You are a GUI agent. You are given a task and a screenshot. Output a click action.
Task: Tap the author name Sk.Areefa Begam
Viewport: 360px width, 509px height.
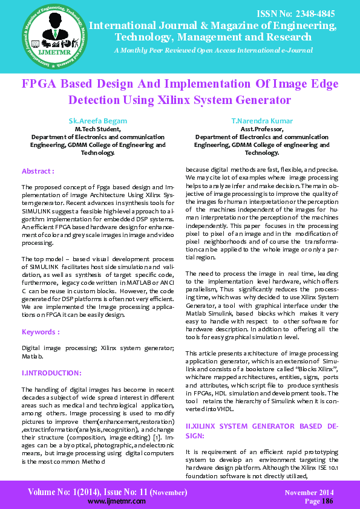click(x=98, y=121)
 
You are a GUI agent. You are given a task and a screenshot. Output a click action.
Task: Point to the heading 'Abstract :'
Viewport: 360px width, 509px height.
click(x=38, y=171)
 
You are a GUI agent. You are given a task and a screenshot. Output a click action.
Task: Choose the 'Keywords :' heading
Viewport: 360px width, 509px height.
click(x=41, y=332)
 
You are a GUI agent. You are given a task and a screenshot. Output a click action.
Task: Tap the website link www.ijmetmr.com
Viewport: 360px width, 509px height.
click(x=112, y=502)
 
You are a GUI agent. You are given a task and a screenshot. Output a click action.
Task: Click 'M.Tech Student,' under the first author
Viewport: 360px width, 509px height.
click(x=97, y=129)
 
